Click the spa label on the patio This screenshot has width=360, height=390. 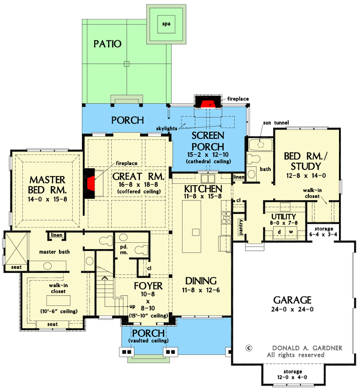pos(167,23)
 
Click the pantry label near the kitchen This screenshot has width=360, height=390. pos(241,227)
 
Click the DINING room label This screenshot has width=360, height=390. pos(200,281)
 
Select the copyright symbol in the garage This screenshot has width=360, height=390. pos(249,348)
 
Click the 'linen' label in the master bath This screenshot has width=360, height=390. pos(57,236)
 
